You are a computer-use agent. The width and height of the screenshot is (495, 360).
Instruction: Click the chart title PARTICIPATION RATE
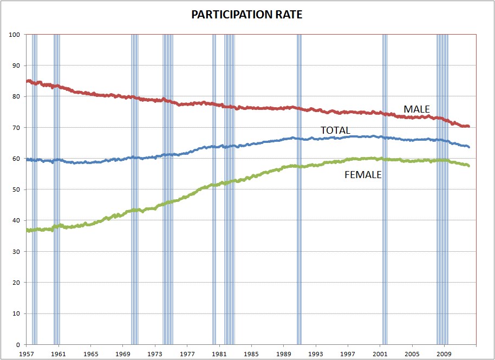pos(247,15)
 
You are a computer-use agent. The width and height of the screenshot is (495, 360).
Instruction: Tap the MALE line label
pos(416,109)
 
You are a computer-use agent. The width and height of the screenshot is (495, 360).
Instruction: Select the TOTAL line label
pos(335,130)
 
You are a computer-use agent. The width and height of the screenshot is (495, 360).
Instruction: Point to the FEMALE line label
pos(363,175)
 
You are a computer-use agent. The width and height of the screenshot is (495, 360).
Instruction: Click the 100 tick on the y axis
pos(15,35)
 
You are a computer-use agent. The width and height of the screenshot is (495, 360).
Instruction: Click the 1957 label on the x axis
pos(27,352)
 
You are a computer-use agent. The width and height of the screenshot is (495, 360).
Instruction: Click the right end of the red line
pos(468,126)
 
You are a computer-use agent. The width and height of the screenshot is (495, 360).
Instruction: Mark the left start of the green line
pos(27,230)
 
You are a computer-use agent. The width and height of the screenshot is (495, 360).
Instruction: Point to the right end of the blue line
pos(468,147)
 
